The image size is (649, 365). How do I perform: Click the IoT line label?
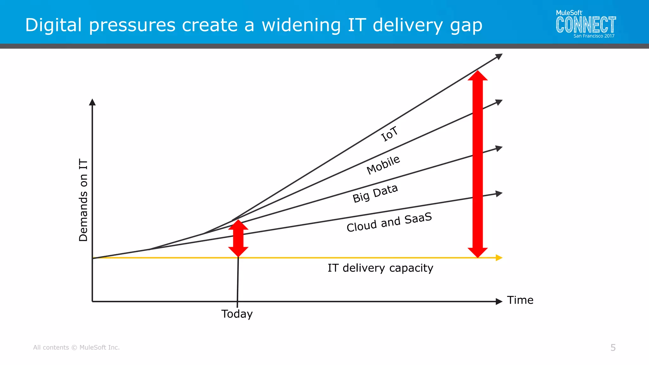[389, 134]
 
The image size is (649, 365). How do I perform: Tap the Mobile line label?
[383, 165]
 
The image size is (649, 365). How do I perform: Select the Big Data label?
[375, 193]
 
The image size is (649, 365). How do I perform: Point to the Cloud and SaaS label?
[389, 222]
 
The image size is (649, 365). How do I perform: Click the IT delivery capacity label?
[380, 268]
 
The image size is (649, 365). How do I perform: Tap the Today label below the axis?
[237, 314]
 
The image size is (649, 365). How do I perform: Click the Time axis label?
[520, 300]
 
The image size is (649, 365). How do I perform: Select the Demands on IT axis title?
[83, 200]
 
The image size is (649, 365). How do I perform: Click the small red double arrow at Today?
[238, 238]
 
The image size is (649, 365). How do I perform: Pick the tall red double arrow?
[478, 164]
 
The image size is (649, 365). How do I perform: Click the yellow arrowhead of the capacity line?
[499, 258]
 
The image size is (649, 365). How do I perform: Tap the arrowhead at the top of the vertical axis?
[92, 102]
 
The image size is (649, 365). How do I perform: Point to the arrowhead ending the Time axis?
[499, 301]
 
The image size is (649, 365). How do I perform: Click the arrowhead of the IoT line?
[499, 56]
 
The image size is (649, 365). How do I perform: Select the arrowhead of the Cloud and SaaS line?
[499, 193]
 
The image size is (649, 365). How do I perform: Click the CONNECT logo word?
[586, 25]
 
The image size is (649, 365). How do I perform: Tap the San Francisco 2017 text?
[594, 36]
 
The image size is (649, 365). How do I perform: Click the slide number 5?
[613, 348]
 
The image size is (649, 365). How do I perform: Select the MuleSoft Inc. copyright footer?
[76, 348]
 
